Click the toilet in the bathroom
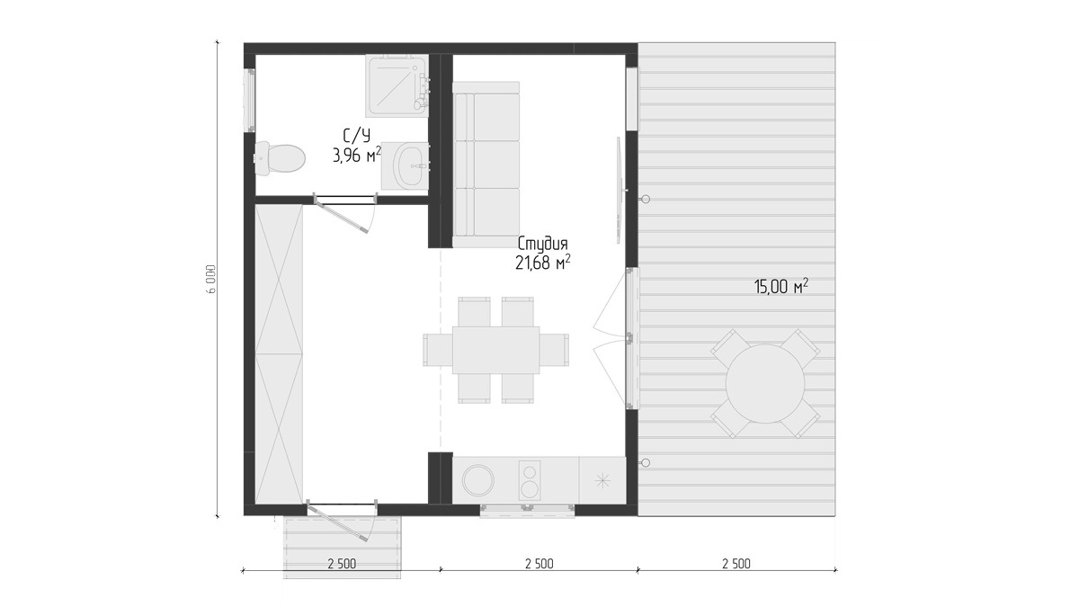click(280, 158)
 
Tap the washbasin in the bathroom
click(410, 166)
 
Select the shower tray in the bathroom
click(397, 85)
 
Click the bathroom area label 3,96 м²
click(357, 155)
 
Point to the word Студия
click(543, 245)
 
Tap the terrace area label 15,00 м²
click(780, 287)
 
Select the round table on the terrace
click(765, 383)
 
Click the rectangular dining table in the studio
click(495, 350)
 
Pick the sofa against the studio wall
click(486, 165)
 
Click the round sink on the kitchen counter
click(478, 480)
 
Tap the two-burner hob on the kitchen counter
click(530, 480)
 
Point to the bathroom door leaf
click(342, 218)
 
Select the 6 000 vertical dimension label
click(212, 279)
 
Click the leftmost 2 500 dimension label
click(342, 564)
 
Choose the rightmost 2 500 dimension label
click(736, 564)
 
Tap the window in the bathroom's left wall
click(250, 100)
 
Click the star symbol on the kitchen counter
click(602, 480)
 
